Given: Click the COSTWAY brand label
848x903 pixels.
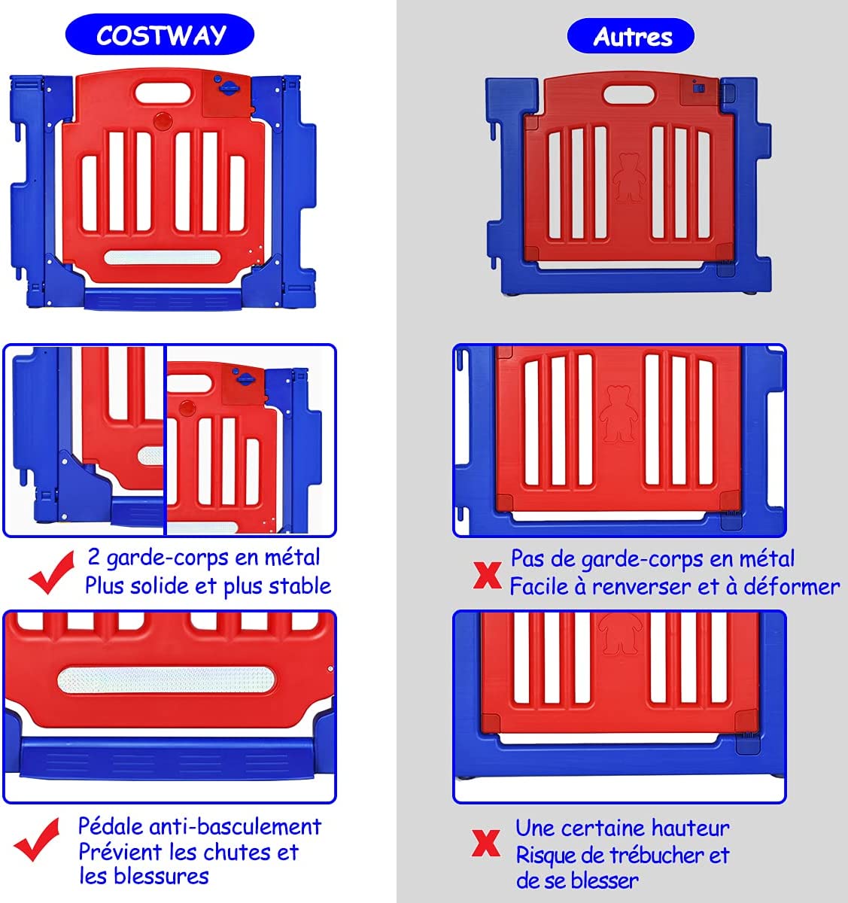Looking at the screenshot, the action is point(161,35).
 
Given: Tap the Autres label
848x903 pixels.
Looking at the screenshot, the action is point(633,37).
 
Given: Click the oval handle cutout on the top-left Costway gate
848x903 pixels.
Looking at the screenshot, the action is point(163,93).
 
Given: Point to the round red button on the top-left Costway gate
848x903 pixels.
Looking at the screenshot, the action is point(163,121).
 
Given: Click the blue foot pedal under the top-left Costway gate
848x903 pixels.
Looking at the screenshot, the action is point(163,299).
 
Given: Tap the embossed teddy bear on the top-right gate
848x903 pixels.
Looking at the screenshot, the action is point(629,178).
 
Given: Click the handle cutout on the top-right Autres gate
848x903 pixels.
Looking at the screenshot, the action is point(629,93).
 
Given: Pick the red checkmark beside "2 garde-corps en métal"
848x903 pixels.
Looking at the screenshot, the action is point(51,572).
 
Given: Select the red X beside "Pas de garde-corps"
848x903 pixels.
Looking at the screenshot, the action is point(487,575).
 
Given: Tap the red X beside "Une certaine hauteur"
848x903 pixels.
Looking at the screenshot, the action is point(486,844).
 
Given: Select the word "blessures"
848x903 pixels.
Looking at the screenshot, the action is point(161,876).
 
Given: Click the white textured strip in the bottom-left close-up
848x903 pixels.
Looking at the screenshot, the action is point(166,680).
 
